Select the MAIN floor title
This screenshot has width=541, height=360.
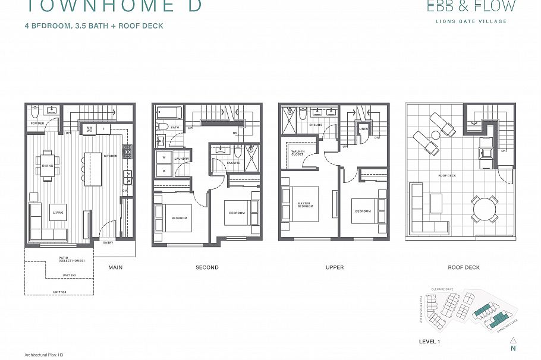point(115,268)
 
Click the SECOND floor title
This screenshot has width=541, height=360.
point(207,268)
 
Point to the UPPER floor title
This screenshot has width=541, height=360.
point(335,268)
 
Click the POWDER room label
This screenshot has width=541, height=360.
point(37,124)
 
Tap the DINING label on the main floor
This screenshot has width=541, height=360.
point(47,166)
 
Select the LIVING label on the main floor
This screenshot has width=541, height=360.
point(58,213)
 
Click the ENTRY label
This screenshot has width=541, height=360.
point(108,243)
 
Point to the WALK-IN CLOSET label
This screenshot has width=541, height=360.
point(297,153)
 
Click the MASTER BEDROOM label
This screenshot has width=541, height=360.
point(305,206)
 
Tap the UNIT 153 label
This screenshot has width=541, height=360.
point(69,276)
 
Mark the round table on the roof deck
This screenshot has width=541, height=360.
point(484,209)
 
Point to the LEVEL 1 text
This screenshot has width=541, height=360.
point(429,342)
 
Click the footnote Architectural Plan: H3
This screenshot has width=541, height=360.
point(49,354)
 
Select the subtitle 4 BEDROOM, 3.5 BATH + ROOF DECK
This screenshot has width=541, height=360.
point(94,26)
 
